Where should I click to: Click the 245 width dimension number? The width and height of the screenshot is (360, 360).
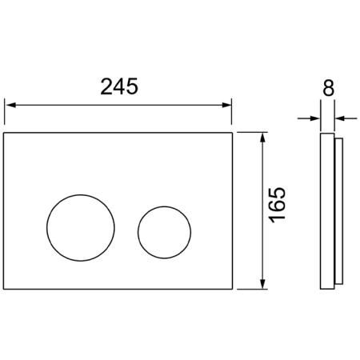119,86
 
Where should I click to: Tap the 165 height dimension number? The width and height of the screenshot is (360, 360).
277,205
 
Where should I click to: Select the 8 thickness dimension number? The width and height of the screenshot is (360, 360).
328,88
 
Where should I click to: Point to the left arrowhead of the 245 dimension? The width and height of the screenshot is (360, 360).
10,105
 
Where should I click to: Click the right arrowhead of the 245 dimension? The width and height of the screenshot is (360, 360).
226,105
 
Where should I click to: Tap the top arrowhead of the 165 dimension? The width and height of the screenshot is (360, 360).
263,138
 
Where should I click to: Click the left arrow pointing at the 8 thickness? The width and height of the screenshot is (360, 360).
309,118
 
